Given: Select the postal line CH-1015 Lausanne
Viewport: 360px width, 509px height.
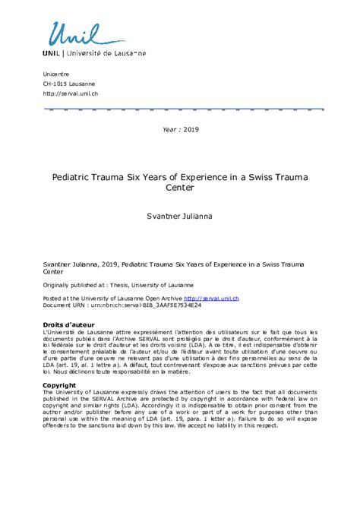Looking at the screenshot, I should click(69, 83).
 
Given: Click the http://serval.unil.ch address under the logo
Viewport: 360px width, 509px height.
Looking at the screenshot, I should click(70, 93).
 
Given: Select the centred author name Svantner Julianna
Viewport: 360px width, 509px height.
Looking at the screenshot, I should click(180, 217).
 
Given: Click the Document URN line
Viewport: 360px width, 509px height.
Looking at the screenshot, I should click(112, 305).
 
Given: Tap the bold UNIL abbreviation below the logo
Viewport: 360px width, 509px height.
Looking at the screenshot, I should click(52, 54).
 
